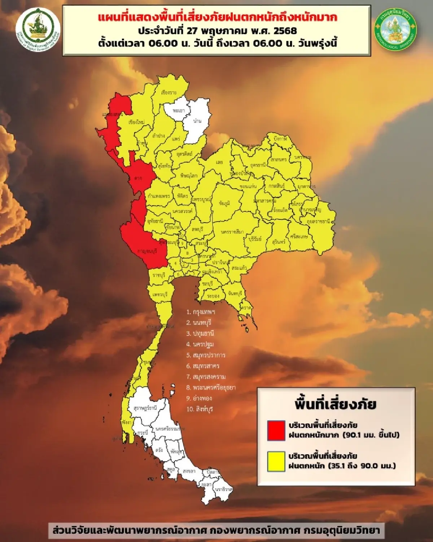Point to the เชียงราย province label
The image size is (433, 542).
169,93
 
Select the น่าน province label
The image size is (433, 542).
197,121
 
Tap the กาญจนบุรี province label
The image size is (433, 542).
147,251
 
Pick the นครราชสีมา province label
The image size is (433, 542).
232,232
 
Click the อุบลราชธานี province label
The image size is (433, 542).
318,221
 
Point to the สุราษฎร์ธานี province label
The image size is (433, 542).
145,408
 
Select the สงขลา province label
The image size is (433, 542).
189,471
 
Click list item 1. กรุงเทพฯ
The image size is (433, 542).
201,312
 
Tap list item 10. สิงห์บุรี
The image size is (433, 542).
200,409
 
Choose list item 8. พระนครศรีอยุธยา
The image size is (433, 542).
211,387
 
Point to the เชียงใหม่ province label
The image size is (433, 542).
136,122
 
